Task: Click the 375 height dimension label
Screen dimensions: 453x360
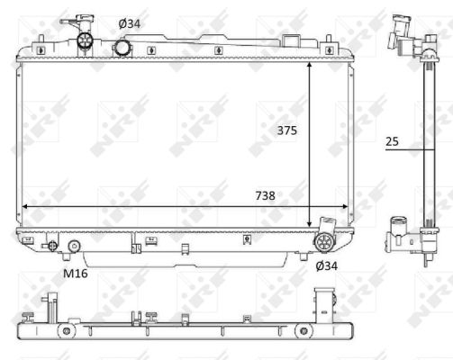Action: pyautogui.click(x=287, y=130)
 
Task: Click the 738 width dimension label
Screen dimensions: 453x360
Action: pyautogui.click(x=266, y=195)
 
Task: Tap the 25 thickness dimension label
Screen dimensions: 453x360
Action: pyautogui.click(x=392, y=141)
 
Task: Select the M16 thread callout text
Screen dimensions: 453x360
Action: pyautogui.click(x=76, y=274)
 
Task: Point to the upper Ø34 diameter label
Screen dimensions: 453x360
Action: pyautogui.click(x=130, y=23)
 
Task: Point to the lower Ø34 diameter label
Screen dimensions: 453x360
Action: pyautogui.click(x=326, y=265)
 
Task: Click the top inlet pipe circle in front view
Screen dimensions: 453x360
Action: pyautogui.click(x=122, y=48)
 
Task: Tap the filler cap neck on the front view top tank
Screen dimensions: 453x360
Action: pyautogui.click(x=86, y=40)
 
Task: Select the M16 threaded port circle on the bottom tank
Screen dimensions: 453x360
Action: pyautogui.click(x=74, y=246)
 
